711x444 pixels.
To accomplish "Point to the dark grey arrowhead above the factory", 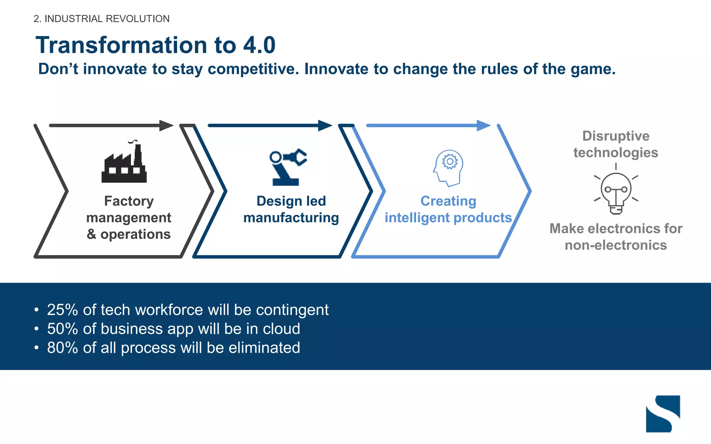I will pyautogui.click(x=166, y=125).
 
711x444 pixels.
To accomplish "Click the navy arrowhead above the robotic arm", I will pyautogui.click(x=325, y=125).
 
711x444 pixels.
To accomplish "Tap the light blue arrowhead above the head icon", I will pyautogui.click(x=484, y=125).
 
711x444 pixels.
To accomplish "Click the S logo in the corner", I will pyautogui.click(x=663, y=413).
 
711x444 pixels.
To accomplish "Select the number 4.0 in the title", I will pyautogui.click(x=259, y=45).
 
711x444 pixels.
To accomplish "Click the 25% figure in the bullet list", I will pyautogui.click(x=62, y=310).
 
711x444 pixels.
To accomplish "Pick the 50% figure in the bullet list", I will pyautogui.click(x=62, y=329).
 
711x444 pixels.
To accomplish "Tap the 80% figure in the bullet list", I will pyautogui.click(x=62, y=348).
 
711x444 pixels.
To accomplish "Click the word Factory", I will pyautogui.click(x=129, y=201).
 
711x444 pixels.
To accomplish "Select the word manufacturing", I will pyautogui.click(x=291, y=218).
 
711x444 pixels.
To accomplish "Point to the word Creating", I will pyautogui.click(x=448, y=201).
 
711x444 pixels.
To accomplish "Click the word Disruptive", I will pyautogui.click(x=616, y=136).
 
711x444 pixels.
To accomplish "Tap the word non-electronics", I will pyautogui.click(x=616, y=245).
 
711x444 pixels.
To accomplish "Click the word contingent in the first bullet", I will pyautogui.click(x=292, y=310).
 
